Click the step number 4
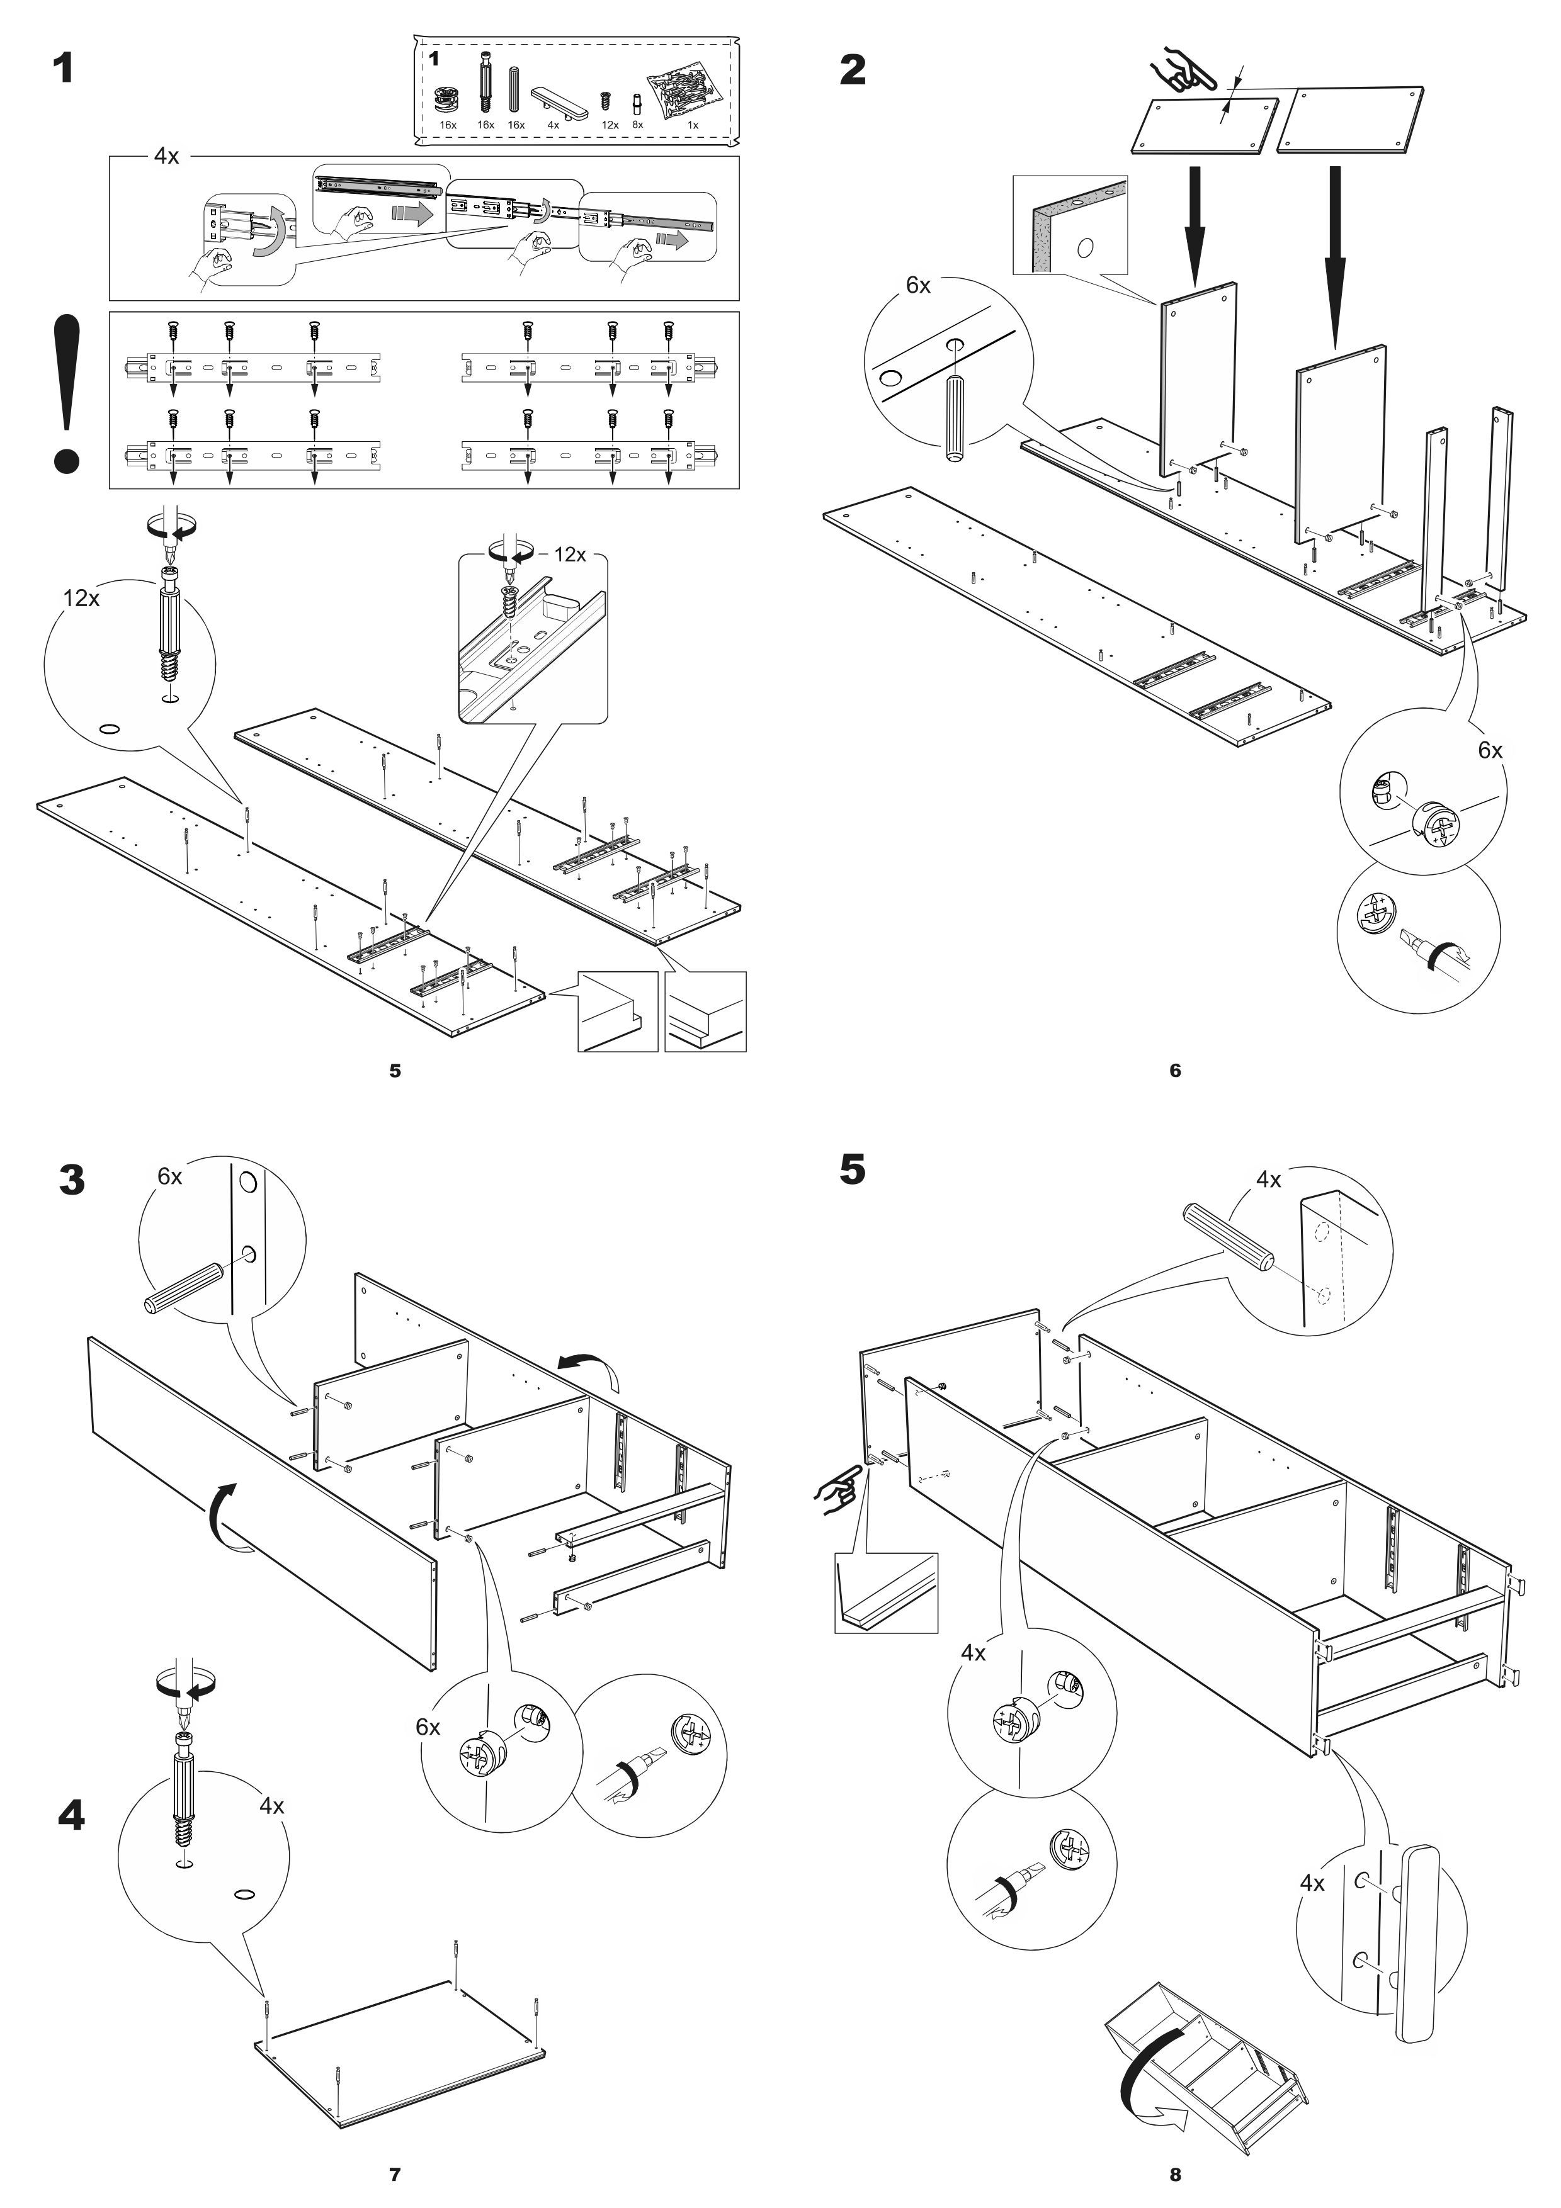[71, 1817]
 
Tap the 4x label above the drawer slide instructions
[166, 156]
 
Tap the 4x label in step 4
[272, 1806]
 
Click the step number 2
[852, 69]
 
